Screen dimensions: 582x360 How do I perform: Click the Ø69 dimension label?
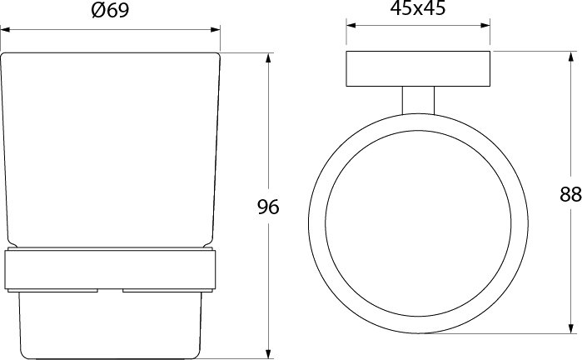(x=110, y=10)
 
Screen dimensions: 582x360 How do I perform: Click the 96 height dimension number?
(x=268, y=207)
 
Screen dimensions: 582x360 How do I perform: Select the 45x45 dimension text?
(x=418, y=8)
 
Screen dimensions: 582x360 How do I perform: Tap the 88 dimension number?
(x=570, y=194)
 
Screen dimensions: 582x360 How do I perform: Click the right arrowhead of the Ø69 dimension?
(x=216, y=30)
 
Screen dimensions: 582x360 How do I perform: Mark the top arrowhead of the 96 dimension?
(x=269, y=58)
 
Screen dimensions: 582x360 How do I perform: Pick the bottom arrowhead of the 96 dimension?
(x=269, y=354)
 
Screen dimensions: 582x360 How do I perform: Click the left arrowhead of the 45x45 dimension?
(x=351, y=25)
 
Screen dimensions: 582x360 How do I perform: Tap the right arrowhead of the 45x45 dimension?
(x=485, y=25)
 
